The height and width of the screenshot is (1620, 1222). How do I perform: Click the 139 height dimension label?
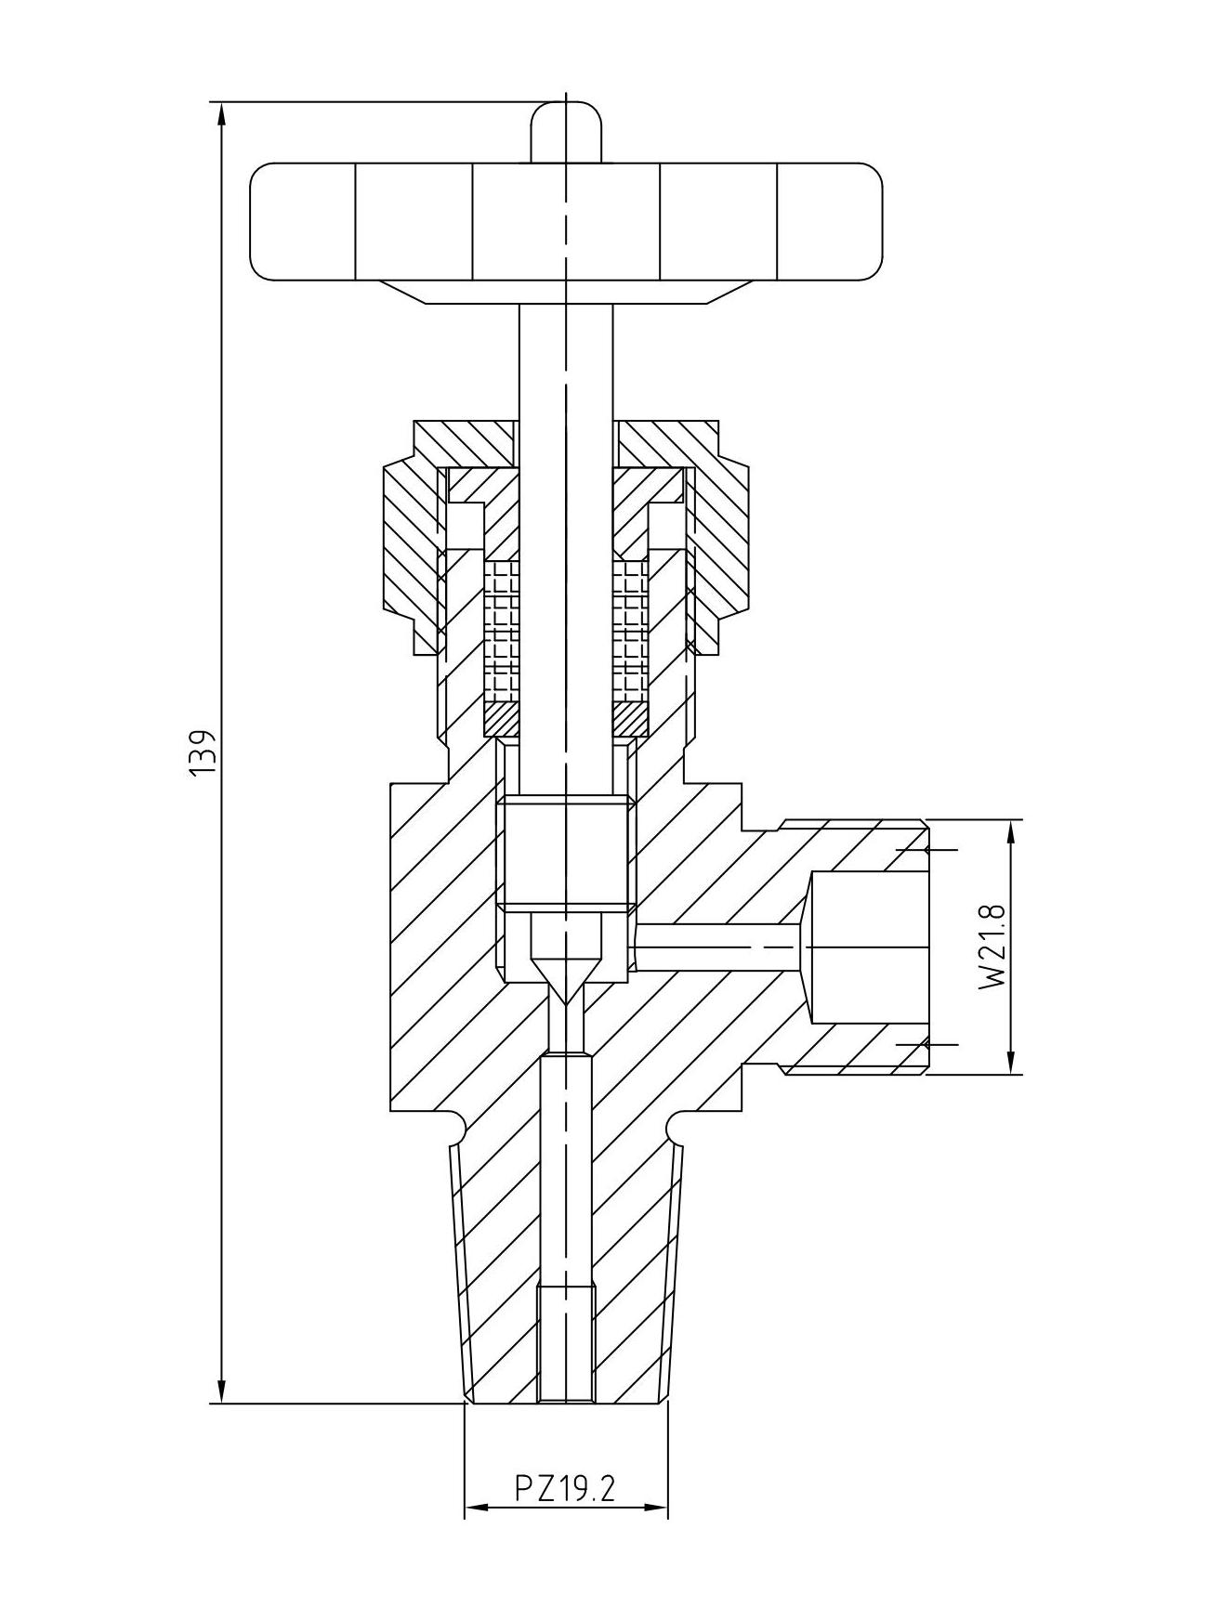[x=202, y=751]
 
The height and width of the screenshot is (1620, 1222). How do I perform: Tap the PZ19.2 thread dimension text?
[x=566, y=1489]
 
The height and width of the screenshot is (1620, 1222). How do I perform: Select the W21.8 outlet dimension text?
[x=992, y=947]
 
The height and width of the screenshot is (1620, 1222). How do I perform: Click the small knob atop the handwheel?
[x=566, y=133]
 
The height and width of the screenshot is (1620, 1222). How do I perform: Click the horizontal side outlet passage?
[x=716, y=947]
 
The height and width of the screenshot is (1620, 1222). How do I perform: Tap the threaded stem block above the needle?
[x=566, y=852]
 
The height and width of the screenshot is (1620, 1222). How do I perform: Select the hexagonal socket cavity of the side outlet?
[x=869, y=947]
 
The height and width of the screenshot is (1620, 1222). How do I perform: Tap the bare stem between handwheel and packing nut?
[x=566, y=362]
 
